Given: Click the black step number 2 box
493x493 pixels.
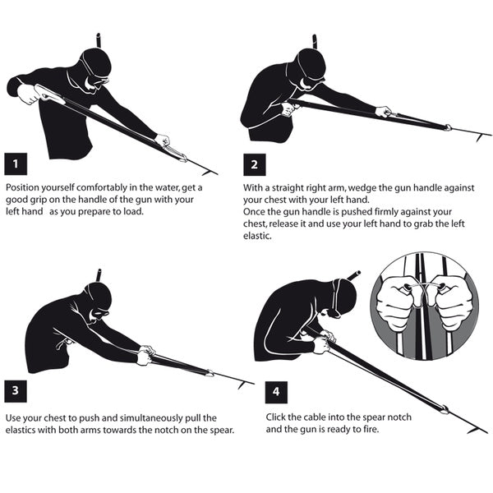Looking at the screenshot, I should coord(254,164).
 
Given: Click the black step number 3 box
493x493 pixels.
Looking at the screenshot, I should coord(15,391).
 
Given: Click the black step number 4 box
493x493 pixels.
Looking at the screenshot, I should coord(277,391).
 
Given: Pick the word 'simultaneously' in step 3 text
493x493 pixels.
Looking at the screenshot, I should coord(133,417).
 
